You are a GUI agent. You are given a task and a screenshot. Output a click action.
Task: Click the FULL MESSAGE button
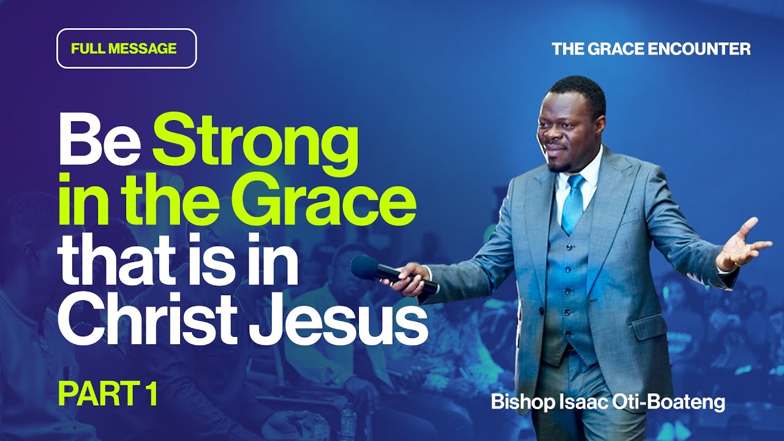(x=126, y=48)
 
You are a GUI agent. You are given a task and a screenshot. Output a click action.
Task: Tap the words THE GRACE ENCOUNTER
(x=651, y=49)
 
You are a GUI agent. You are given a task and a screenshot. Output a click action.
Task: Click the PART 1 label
(x=108, y=395)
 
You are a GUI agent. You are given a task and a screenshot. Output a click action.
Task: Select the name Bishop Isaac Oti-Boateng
(x=608, y=403)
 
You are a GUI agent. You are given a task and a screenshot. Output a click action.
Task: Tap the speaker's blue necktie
(x=573, y=202)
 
